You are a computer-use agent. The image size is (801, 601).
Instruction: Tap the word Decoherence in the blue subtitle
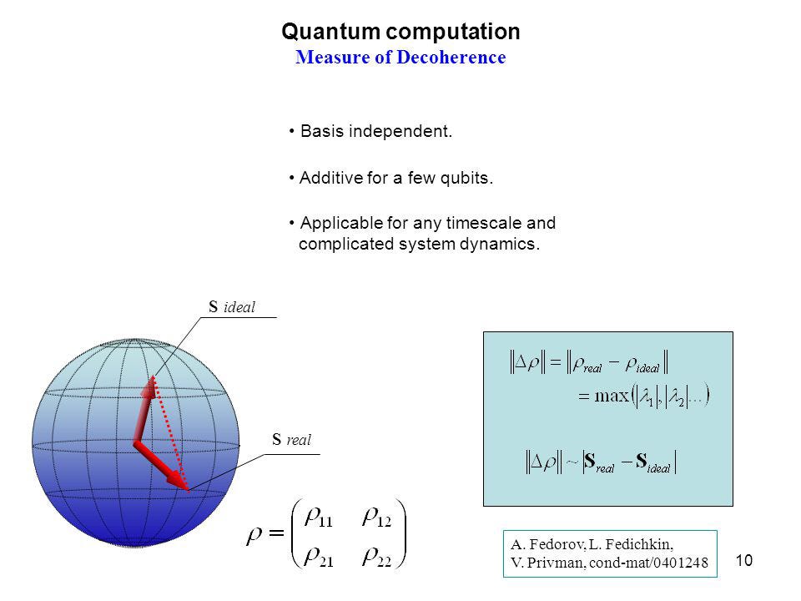[x=451, y=58]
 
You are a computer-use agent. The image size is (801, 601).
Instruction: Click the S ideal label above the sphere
[x=232, y=307]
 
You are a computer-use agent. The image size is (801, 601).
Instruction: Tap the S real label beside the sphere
[x=291, y=440]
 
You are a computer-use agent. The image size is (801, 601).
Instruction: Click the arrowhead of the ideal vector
[x=149, y=386]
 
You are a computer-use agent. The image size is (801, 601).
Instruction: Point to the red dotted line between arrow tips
[x=170, y=433]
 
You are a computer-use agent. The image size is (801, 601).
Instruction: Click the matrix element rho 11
[x=319, y=518]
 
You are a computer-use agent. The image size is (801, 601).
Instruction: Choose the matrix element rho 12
[x=377, y=518]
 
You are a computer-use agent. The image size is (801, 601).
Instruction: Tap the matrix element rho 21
[x=319, y=557]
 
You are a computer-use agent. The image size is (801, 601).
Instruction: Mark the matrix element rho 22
[x=377, y=557]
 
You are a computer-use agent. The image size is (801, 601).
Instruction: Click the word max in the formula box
[x=612, y=396]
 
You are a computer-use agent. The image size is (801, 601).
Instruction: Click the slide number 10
[x=744, y=561]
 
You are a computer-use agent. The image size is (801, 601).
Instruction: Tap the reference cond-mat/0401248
[x=649, y=563]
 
